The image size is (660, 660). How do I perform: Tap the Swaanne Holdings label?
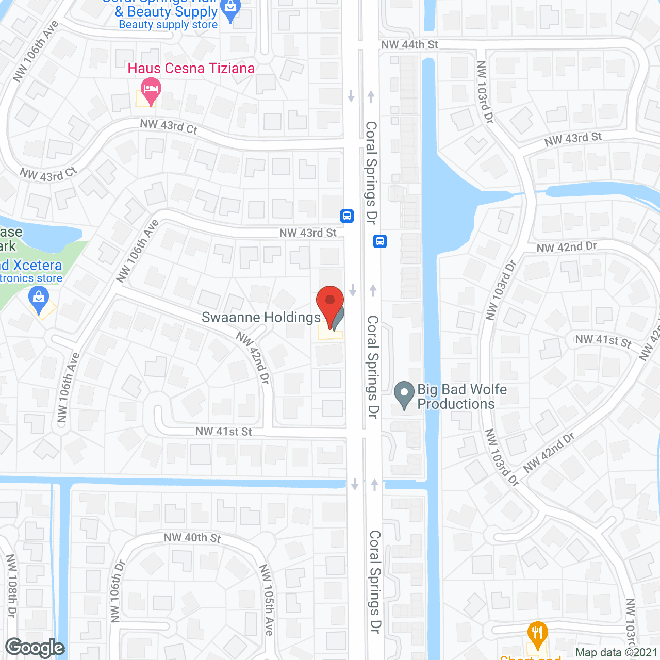click(261, 317)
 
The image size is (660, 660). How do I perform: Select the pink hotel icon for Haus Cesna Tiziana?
click(151, 91)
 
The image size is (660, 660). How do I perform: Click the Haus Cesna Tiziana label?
click(191, 69)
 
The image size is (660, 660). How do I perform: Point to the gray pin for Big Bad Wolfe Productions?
click(404, 394)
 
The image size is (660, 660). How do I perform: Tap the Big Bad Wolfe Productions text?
click(462, 397)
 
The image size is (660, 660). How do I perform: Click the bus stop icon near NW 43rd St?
click(347, 216)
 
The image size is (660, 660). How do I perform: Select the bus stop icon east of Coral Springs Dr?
click(380, 241)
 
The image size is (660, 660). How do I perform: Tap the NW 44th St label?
click(409, 45)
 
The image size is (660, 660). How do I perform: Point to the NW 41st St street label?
click(224, 431)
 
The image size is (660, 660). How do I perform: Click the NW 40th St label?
click(192, 538)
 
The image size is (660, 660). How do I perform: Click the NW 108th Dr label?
click(11, 586)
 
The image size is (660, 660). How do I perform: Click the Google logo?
click(35, 648)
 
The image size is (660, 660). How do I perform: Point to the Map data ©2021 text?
click(616, 653)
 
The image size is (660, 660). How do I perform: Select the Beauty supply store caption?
click(168, 25)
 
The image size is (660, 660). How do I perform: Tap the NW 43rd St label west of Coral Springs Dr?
click(308, 233)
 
